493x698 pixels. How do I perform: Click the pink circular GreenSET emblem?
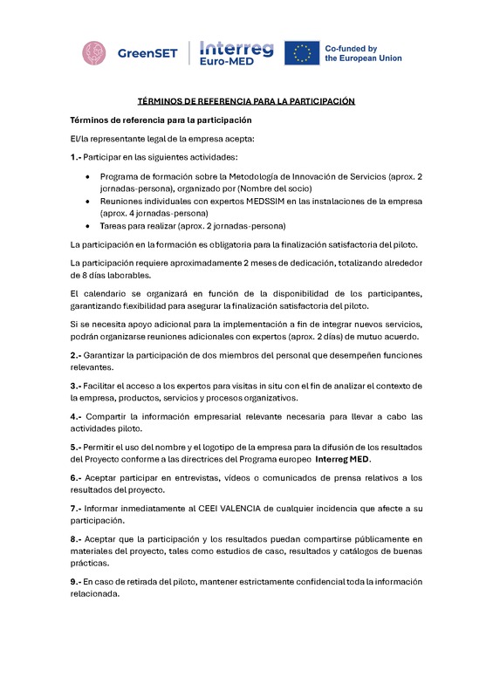pyautogui.click(x=97, y=53)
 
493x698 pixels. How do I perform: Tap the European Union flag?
pyautogui.click(x=301, y=53)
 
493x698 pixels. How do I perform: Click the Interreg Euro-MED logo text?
pyautogui.click(x=236, y=52)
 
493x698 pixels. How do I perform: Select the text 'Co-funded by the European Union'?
pyautogui.click(x=363, y=53)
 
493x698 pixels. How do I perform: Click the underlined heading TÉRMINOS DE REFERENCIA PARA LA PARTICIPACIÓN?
pyautogui.click(x=246, y=101)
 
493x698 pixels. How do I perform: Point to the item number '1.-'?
pyautogui.click(x=76, y=157)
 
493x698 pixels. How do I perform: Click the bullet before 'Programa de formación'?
pyautogui.click(x=90, y=177)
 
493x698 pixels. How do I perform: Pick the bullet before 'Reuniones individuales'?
pyautogui.click(x=90, y=201)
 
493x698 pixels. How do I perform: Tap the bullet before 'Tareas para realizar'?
pyautogui.click(x=90, y=225)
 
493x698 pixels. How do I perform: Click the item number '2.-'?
pyautogui.click(x=76, y=355)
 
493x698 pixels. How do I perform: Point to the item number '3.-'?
pyautogui.click(x=76, y=385)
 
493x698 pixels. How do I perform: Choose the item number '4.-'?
pyautogui.click(x=76, y=415)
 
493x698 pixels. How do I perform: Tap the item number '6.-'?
pyautogui.click(x=76, y=476)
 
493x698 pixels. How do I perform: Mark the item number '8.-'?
pyautogui.click(x=76, y=538)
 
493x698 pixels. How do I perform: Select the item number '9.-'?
pyautogui.click(x=76, y=581)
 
